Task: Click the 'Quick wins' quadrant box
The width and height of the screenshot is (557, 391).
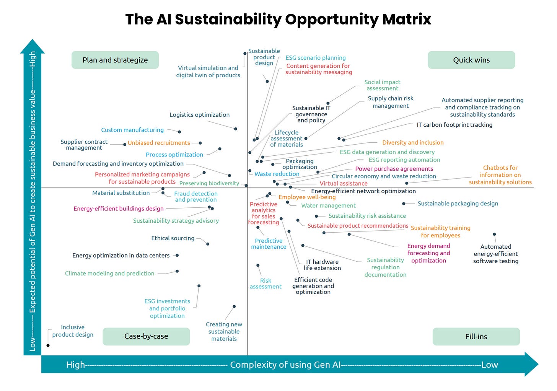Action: click(471, 60)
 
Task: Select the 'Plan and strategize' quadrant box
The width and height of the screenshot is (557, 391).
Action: click(115, 60)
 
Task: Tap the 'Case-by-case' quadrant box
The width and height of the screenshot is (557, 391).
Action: click(146, 336)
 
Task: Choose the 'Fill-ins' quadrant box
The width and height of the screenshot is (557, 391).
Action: click(476, 337)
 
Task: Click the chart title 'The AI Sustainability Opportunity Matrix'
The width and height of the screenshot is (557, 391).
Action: click(278, 19)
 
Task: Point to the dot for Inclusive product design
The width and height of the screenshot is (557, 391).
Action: click(48, 345)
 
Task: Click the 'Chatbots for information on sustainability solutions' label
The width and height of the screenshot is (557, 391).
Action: click(500, 175)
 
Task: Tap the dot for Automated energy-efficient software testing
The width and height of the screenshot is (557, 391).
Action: click(494, 234)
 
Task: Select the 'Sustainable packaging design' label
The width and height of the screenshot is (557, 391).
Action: click(458, 204)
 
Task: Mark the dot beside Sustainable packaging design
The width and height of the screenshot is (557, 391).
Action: click(404, 204)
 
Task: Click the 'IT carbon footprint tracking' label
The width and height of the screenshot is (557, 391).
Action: click(454, 125)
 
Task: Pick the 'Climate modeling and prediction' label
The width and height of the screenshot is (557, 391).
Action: click(110, 273)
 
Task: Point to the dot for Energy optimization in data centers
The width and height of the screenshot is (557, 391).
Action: click(177, 255)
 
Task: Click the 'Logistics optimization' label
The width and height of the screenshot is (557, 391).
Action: click(199, 115)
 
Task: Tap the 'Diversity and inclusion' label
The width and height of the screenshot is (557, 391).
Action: click(413, 142)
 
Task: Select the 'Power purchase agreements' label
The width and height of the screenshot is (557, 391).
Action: click(394, 169)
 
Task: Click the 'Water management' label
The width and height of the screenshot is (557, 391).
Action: click(328, 205)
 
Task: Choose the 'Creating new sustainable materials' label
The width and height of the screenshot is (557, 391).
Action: click(224, 331)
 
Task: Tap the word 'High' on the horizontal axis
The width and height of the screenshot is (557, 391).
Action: click(75, 365)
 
